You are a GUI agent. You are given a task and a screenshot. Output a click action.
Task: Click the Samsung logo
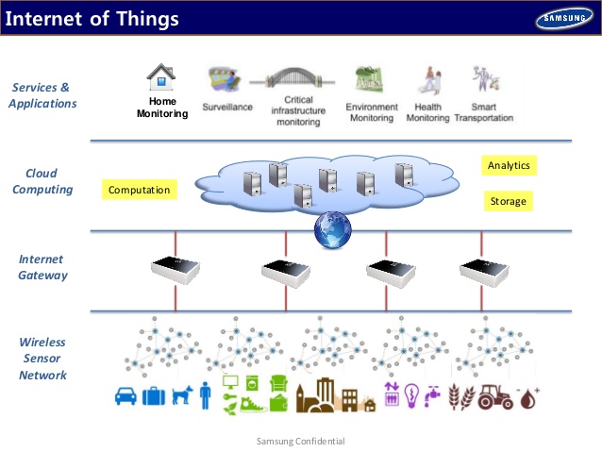[564, 18]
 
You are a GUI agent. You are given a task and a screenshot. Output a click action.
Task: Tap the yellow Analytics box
[509, 165]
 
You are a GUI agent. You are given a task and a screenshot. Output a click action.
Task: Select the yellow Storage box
[509, 201]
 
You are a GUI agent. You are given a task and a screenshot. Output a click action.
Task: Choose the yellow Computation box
[139, 190]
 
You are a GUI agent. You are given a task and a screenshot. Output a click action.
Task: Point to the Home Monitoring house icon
[162, 76]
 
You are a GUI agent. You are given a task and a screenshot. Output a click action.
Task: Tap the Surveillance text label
[227, 108]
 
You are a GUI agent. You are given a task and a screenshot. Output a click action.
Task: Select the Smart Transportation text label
[484, 112]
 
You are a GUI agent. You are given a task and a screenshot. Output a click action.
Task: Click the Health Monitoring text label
[426, 112]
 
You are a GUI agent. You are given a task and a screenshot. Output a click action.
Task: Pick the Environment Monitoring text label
[372, 112]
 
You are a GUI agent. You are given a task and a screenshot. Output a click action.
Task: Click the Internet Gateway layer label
[42, 266]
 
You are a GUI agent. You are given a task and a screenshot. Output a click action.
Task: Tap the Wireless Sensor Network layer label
[42, 358]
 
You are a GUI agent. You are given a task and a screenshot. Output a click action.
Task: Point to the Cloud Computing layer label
[47, 181]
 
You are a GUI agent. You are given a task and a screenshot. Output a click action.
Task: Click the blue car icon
[126, 395]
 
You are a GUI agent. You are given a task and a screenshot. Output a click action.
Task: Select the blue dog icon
[180, 396]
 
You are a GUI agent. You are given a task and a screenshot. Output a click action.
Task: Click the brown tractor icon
[493, 397]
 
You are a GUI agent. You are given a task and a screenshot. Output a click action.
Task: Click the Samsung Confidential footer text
[300, 442]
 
